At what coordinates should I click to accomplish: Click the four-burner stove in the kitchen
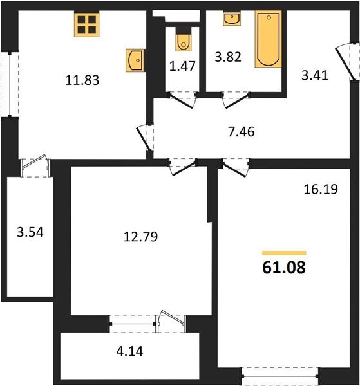[x=87, y=24]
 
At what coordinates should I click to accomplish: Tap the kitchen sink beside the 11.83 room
[x=135, y=60]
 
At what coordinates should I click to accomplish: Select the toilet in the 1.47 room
[x=184, y=39]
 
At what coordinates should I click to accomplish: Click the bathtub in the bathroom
[x=269, y=39]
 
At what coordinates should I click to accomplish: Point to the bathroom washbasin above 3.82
[x=232, y=19]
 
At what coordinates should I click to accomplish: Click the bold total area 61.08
[x=284, y=268]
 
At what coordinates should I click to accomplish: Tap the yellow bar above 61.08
[x=284, y=253]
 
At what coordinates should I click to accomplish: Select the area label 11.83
[x=82, y=80]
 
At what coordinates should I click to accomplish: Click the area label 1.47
[x=183, y=66]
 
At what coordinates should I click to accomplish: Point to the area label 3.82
[x=228, y=57]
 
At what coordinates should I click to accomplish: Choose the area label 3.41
[x=315, y=75]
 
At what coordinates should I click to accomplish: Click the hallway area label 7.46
[x=242, y=132]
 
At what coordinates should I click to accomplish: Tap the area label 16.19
[x=321, y=189]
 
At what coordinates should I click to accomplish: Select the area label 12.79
[x=140, y=237]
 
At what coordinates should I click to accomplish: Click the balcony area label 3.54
[x=30, y=232]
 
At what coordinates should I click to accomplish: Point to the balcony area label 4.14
[x=129, y=351]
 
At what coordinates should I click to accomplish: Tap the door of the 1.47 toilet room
[x=183, y=100]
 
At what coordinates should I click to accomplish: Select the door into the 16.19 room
[x=236, y=167]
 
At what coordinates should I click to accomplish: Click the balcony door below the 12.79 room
[x=171, y=321]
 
